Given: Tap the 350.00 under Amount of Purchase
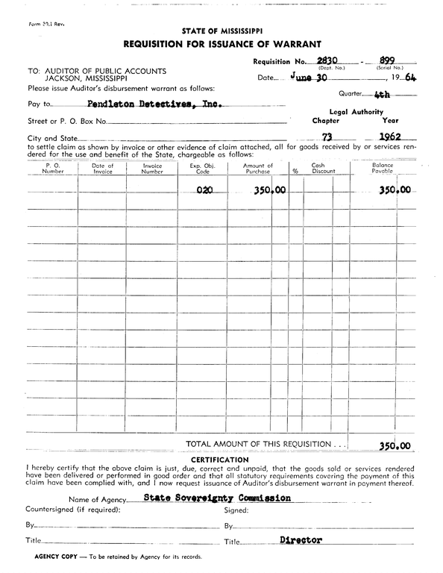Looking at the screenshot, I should pyautogui.click(x=269, y=190).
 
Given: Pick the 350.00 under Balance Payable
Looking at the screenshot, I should pyautogui.click(x=395, y=190).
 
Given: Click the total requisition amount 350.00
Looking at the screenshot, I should pyautogui.click(x=395, y=445).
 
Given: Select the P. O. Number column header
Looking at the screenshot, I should pyautogui.click(x=53, y=169).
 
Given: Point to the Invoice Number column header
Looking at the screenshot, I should pyautogui.click(x=152, y=169).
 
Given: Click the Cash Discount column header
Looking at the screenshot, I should pyautogui.click(x=323, y=169).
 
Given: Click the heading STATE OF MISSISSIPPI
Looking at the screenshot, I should pyautogui.click(x=221, y=31).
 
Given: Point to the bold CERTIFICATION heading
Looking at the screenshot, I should pyautogui.click(x=220, y=459).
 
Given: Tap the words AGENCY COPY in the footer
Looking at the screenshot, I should pyautogui.click(x=54, y=557).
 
